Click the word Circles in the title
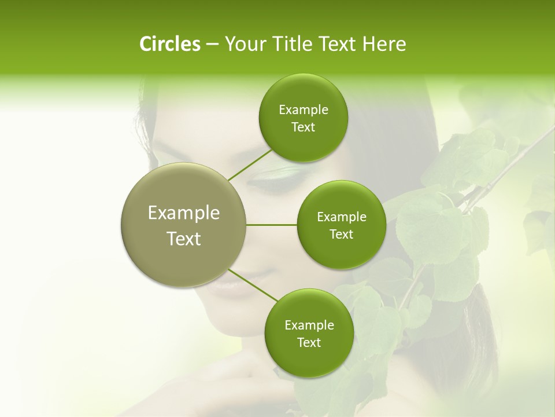point(169,43)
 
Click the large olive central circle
point(183,261)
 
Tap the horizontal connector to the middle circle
point(271,225)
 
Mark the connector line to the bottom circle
point(253,285)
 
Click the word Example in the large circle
point(184,213)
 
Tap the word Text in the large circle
point(184,239)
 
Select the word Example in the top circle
point(304,110)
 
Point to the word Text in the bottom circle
point(309,342)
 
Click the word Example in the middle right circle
point(342,217)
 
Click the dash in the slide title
point(212,45)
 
